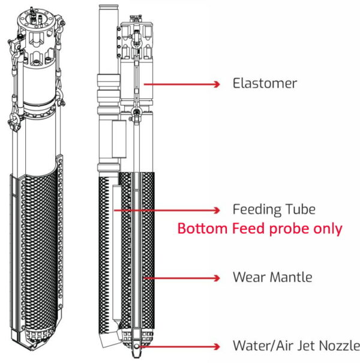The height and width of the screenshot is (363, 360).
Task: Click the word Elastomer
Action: point(265,83)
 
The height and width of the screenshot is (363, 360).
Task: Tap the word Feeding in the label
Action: point(257,210)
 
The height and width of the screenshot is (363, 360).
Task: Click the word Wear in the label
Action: point(250,277)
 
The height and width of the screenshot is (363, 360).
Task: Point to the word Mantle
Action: point(291,277)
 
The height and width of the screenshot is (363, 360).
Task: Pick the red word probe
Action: point(289,229)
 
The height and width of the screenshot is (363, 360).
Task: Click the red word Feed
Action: point(249,229)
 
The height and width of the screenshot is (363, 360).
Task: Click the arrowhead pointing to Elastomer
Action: point(217,84)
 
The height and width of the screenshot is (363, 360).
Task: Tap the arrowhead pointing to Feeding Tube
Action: point(217,210)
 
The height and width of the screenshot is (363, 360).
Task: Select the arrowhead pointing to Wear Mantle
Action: point(217,278)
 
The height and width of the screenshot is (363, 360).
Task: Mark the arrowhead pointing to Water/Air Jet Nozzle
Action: point(217,347)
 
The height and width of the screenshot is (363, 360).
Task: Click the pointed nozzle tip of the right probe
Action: point(136,356)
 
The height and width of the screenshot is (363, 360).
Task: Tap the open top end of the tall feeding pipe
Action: point(109,7)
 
